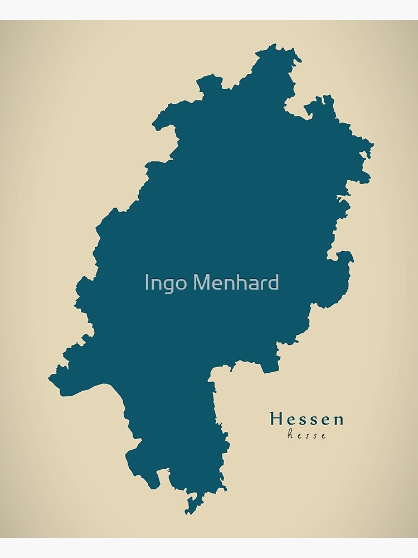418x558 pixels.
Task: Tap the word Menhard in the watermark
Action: tap(236, 283)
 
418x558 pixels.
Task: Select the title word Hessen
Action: tap(307, 419)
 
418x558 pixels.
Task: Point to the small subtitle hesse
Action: tap(307, 435)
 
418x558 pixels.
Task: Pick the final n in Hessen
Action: tap(338, 420)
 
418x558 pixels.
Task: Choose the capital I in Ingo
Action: tap(147, 283)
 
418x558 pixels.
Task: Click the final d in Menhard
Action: tap(273, 282)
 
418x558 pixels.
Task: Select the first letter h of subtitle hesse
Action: tap(290, 435)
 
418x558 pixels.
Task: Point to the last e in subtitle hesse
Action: tap(324, 436)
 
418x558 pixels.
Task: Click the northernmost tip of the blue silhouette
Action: tap(273, 45)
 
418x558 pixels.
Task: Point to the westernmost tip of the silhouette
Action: tap(50, 377)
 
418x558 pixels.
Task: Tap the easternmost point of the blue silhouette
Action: tap(372, 146)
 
